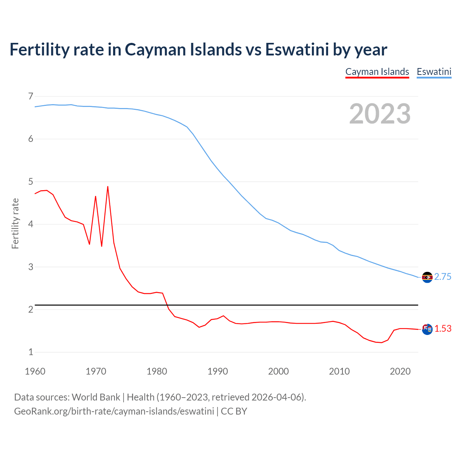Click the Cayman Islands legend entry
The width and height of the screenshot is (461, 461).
click(x=377, y=72)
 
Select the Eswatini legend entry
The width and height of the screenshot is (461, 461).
click(x=434, y=72)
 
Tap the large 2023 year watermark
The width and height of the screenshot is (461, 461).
click(x=380, y=114)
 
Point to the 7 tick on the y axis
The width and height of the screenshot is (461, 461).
click(x=31, y=96)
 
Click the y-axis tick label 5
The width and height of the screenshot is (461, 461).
click(x=31, y=182)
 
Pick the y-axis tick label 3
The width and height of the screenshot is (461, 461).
click(x=31, y=267)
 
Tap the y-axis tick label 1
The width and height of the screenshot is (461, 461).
click(x=31, y=352)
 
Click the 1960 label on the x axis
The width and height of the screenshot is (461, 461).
click(x=35, y=371)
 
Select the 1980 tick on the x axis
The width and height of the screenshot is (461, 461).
click(x=157, y=371)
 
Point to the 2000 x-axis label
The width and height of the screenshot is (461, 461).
click(x=278, y=371)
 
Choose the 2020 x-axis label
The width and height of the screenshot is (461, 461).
click(x=400, y=371)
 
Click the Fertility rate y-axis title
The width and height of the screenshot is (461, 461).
click(x=15, y=223)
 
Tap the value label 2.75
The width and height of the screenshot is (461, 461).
click(x=443, y=277)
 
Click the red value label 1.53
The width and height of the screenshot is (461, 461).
click(x=443, y=328)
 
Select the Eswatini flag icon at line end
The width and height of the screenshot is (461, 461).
click(x=427, y=277)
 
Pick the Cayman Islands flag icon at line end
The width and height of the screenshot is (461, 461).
click(x=427, y=329)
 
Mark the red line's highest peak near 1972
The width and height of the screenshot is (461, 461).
click(x=108, y=187)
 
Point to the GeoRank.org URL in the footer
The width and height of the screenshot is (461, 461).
click(x=114, y=411)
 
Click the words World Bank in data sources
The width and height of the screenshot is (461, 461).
click(x=96, y=397)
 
